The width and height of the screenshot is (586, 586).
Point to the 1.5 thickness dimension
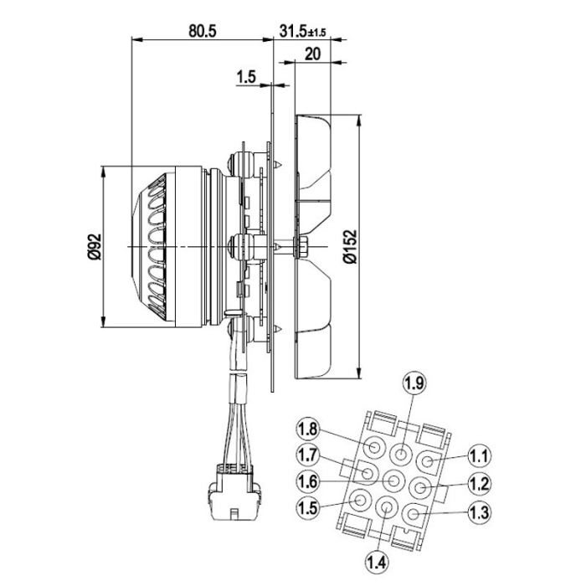[x=246, y=77]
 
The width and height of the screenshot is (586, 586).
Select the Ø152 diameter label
[x=351, y=246]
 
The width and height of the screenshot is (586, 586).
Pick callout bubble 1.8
[x=307, y=430]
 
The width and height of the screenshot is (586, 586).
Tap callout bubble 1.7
[x=307, y=456]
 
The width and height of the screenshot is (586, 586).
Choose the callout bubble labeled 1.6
[x=307, y=481]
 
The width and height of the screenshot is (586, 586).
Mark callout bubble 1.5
[x=307, y=507]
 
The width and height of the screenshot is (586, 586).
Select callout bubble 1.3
[x=478, y=510]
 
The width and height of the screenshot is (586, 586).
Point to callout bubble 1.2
[x=478, y=483]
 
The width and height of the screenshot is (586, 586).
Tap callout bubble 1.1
[x=478, y=456]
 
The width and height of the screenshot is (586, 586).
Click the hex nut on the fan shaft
[x=302, y=247]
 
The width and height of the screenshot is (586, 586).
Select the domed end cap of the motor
[x=146, y=248]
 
